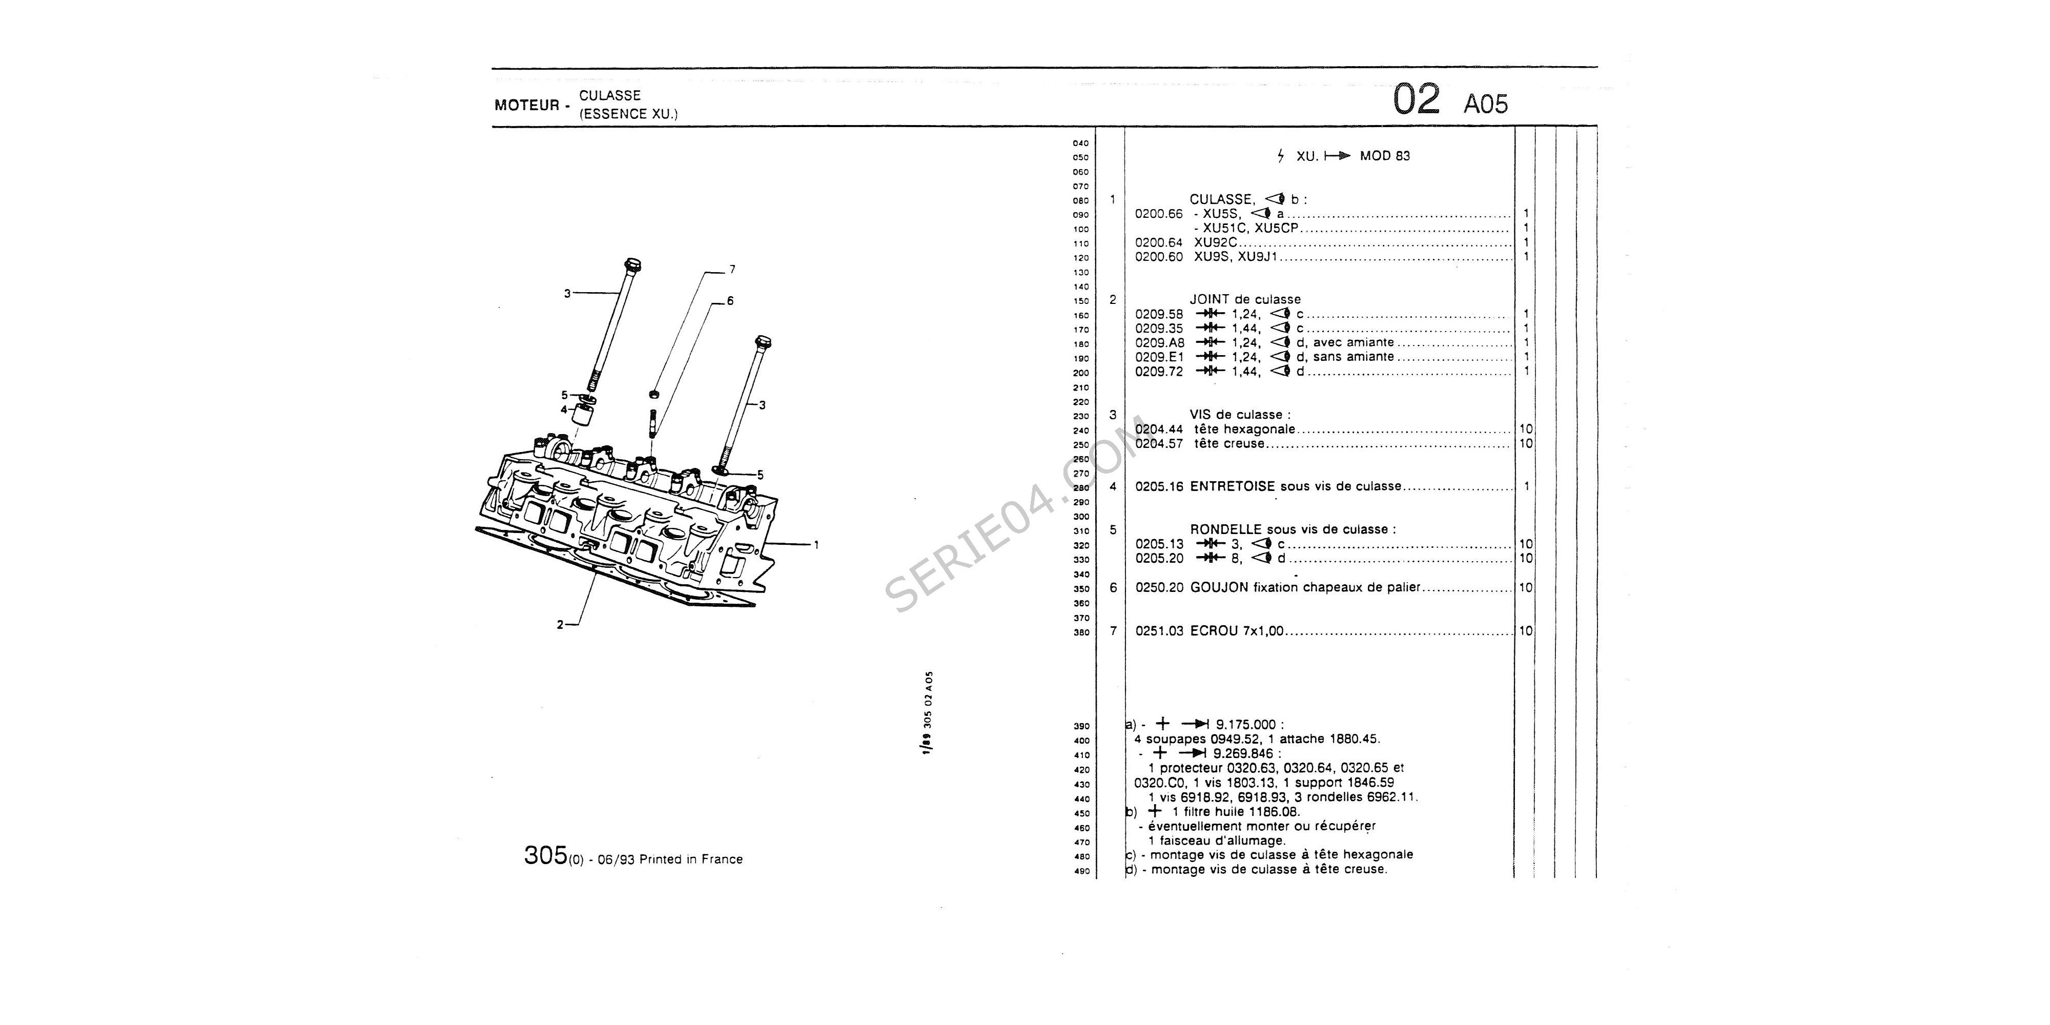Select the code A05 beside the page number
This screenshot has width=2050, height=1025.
pos(1486,104)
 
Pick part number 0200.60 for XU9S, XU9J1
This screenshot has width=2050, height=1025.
pos(1159,257)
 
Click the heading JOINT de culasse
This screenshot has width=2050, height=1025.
pos(1245,300)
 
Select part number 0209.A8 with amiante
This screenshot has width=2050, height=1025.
pos(1159,343)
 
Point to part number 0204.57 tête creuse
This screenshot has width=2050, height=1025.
pos(1159,444)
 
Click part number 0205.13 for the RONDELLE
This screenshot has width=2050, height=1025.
pos(1159,544)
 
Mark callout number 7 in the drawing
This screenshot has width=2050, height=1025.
pos(732,270)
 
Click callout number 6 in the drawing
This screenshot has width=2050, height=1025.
pos(730,301)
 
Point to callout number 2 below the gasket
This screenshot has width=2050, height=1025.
pos(560,625)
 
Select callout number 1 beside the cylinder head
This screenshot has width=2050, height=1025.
pos(816,545)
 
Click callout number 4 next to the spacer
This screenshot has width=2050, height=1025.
pos(564,410)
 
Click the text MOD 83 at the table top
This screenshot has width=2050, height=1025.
pos(1385,156)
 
